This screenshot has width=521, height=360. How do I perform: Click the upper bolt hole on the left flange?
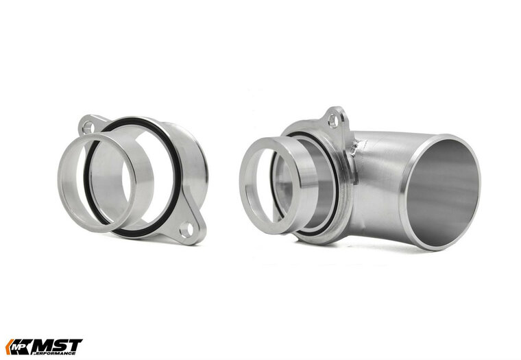click(x=88, y=126)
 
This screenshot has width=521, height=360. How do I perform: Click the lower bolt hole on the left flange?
click(x=186, y=231)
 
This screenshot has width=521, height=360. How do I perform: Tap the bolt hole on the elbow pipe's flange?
click(x=333, y=121)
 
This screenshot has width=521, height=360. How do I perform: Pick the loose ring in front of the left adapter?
click(x=93, y=182)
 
